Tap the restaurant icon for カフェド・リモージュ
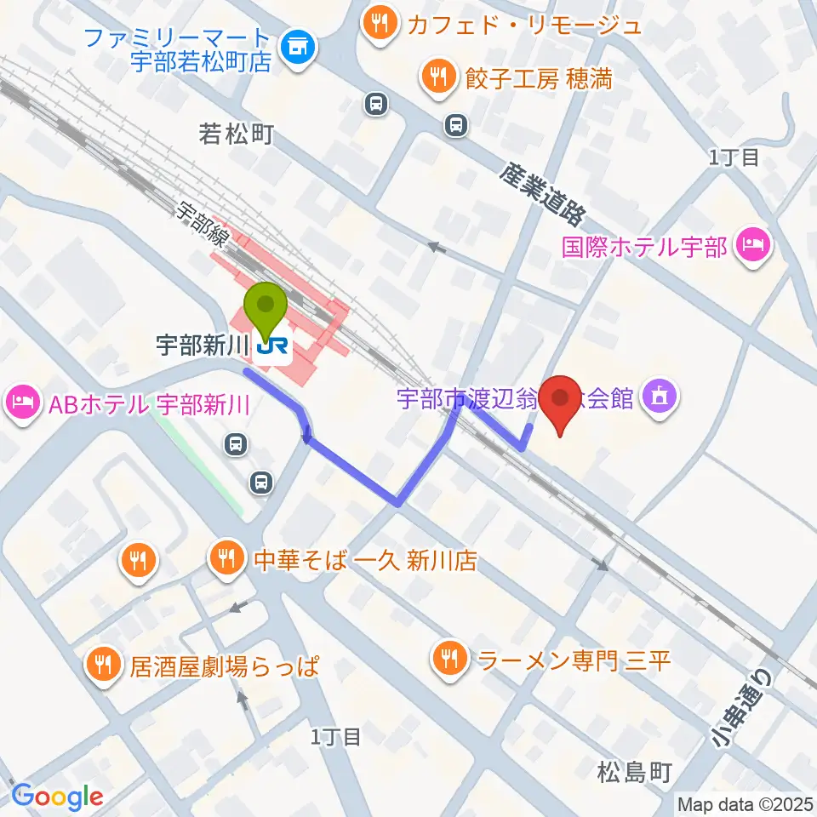[377, 24]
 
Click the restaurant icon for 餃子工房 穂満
[437, 79]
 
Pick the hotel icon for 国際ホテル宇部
[753, 247]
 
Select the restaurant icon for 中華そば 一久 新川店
[226, 560]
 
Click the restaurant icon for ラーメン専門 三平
[448, 657]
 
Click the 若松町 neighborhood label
[236, 134]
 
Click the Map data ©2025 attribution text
[744, 803]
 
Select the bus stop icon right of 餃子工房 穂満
[457, 125]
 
